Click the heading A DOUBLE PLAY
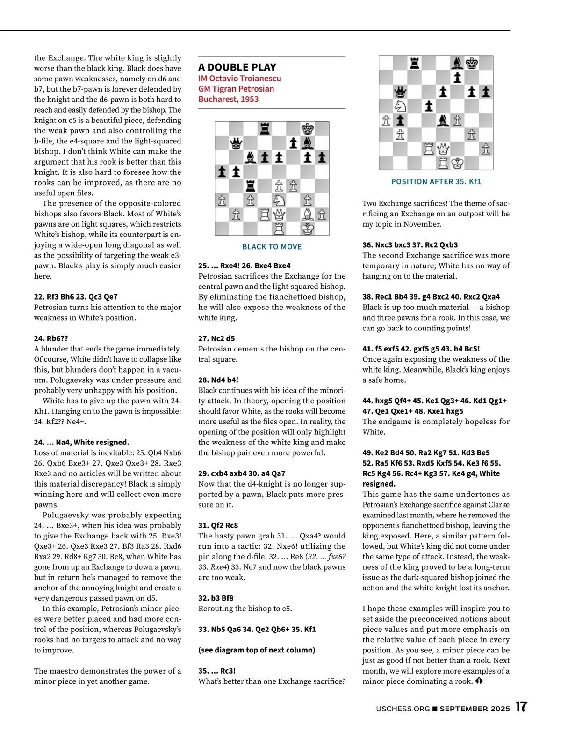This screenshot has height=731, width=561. [237, 67]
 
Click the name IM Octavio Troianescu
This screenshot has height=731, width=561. [239, 79]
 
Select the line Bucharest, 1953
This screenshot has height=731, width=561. [228, 99]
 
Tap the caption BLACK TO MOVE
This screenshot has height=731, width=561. [272, 247]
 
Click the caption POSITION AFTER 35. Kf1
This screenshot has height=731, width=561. [436, 181]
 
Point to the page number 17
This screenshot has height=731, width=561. [521, 707]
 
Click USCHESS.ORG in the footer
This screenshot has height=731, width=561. [403, 709]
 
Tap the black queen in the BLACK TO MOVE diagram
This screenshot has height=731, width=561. [236, 143]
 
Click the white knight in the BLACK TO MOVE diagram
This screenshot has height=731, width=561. [279, 200]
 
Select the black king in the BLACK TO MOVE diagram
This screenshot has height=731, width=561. [308, 129]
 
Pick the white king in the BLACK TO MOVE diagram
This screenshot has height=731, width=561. [308, 229]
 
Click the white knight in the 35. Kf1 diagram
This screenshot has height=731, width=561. [400, 106]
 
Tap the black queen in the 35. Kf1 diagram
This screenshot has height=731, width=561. [400, 92]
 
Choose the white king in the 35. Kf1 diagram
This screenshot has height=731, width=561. [457, 163]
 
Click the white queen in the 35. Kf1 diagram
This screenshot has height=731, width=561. [443, 149]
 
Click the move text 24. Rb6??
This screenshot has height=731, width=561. [51, 338]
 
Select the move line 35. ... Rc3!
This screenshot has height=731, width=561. [217, 671]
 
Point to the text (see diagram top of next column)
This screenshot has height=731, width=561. [257, 650]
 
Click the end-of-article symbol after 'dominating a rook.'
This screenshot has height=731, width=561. [479, 681]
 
